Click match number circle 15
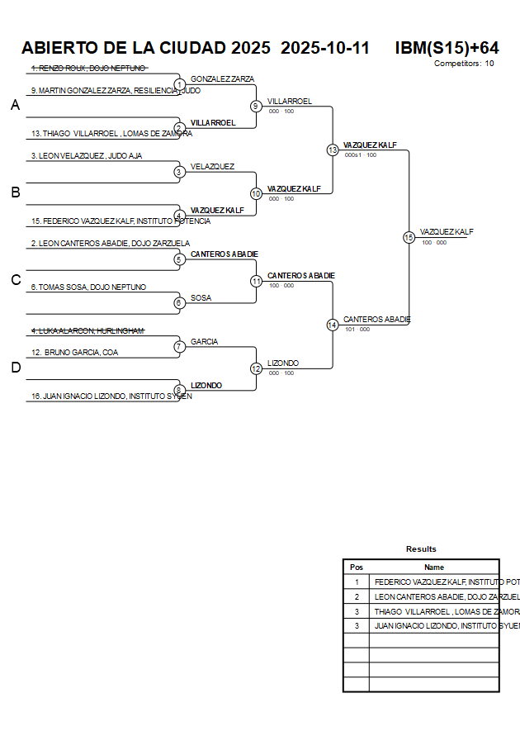point(409,237)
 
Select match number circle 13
point(333,150)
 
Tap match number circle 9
point(256,106)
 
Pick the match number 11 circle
point(256,281)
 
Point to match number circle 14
point(333,325)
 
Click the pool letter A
point(15,105)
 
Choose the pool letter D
point(15,368)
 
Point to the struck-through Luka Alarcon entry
point(87,330)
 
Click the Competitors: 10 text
point(464,63)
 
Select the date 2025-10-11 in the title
point(325,48)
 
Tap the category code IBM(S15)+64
point(447,48)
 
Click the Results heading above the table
point(421,548)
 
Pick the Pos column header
point(357,567)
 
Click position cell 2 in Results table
point(357,596)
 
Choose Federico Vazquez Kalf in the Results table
point(435,582)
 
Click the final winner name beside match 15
point(447,232)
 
